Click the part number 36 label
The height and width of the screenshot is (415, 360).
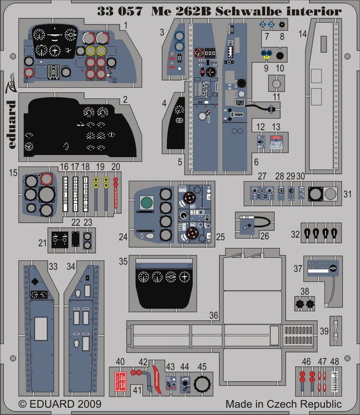click(214, 315)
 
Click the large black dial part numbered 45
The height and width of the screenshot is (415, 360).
click(202, 384)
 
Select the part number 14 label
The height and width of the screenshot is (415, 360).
click(302, 35)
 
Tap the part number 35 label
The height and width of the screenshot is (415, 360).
click(123, 260)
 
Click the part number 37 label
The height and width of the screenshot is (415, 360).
click(298, 268)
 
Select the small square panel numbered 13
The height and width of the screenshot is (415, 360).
click(276, 141)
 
